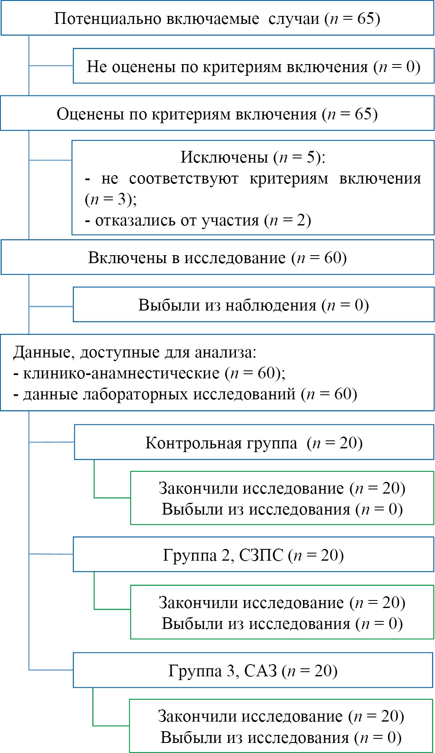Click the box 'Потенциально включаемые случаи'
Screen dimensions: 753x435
[217, 19]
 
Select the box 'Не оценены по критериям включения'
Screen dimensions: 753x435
[253, 67]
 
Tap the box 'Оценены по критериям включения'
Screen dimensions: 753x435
[217, 114]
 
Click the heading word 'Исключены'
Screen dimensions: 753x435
[224, 157]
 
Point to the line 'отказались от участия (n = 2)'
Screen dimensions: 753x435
[198, 220]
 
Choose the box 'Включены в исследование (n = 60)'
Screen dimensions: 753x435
[217, 258]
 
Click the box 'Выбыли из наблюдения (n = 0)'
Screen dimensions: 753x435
[253, 305]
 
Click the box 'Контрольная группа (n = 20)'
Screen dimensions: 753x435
[254, 443]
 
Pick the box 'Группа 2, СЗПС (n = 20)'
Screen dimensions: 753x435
[253, 555]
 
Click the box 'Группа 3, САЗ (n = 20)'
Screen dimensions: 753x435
[253, 671]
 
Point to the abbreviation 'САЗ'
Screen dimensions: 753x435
[260, 671]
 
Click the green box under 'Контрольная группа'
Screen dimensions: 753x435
[282, 499]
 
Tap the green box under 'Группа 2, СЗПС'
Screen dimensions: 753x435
[282, 613]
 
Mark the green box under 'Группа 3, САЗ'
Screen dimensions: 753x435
[281, 727]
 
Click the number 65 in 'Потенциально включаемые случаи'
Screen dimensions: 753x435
[366, 19]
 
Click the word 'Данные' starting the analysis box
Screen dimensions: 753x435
[41, 352]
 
